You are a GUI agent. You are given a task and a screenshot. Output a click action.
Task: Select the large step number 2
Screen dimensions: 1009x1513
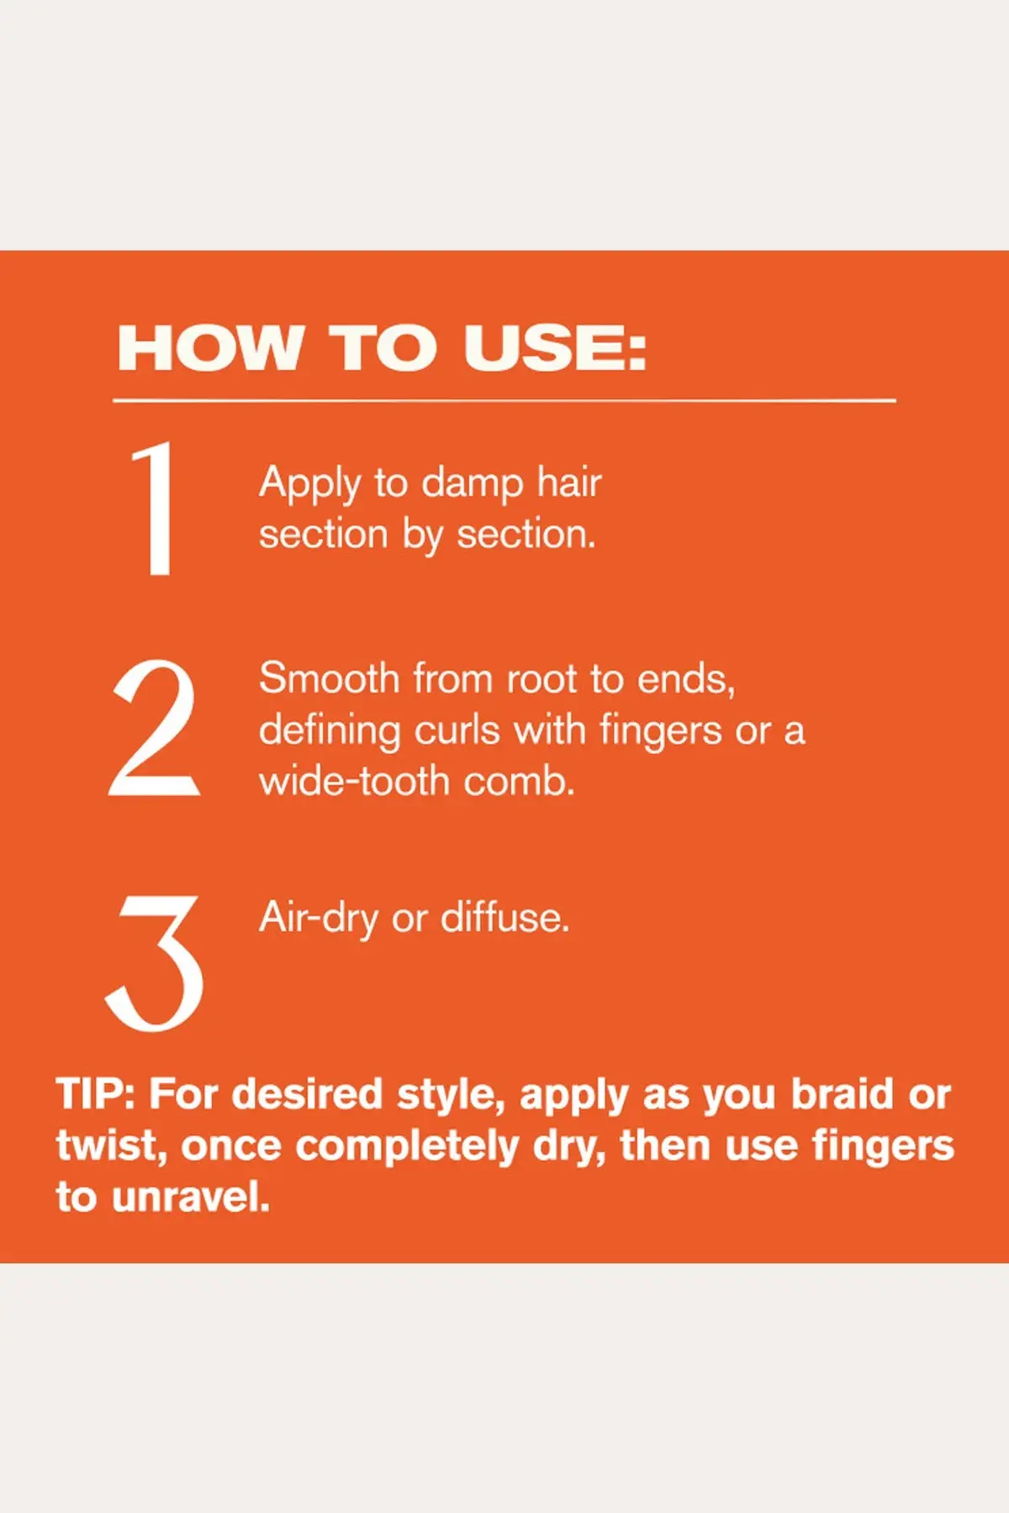click(x=154, y=727)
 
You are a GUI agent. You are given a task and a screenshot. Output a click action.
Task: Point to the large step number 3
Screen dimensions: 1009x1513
click(x=155, y=962)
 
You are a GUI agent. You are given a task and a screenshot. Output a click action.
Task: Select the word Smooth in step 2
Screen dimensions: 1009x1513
click(x=329, y=678)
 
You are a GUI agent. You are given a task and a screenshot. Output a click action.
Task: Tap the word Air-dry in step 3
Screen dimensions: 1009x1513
click(x=319, y=919)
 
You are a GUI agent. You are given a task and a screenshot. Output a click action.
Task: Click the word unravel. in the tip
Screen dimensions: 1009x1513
click(x=191, y=1197)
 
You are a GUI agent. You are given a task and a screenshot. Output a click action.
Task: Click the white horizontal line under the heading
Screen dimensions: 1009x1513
click(x=504, y=401)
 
